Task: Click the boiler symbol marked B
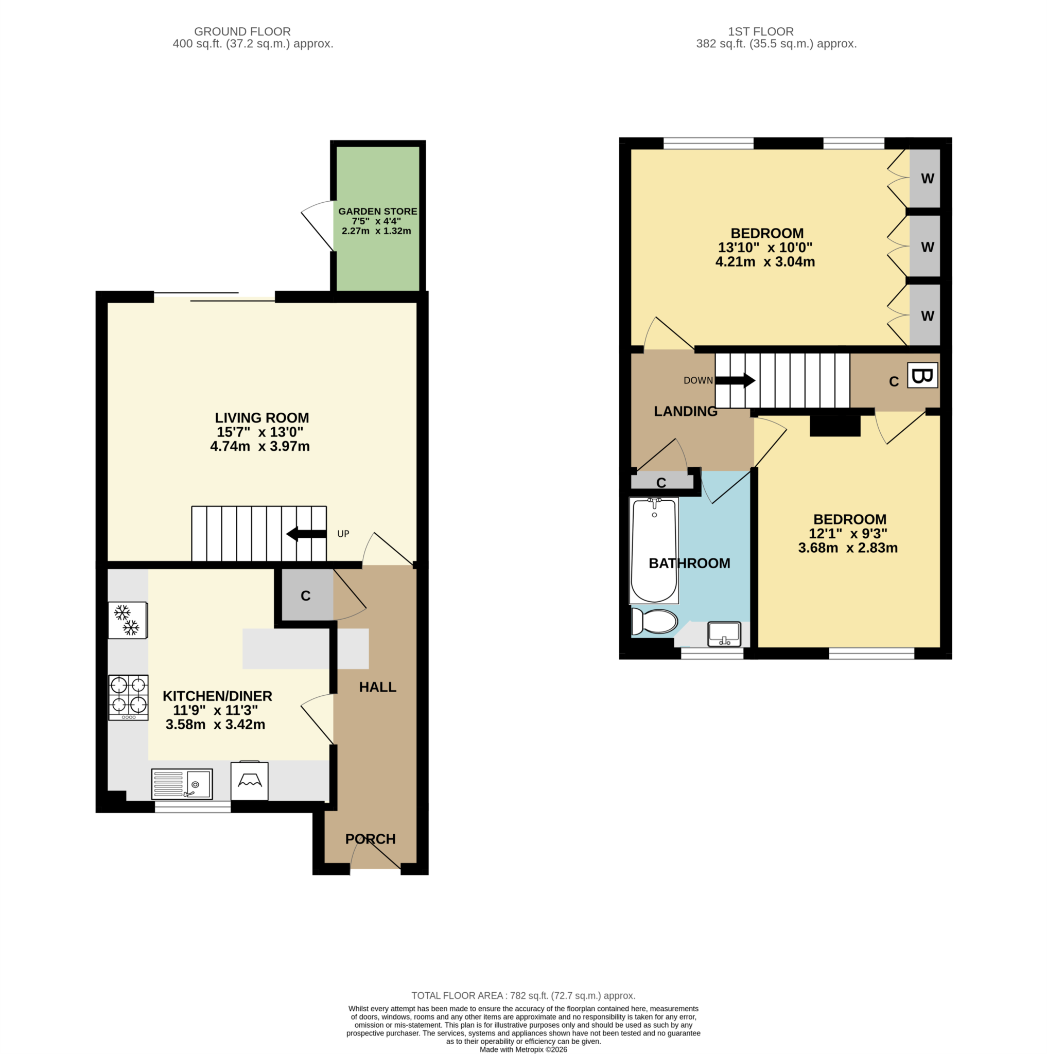922,376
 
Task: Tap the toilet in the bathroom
654,621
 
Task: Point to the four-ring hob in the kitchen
128,697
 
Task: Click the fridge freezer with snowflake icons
127,620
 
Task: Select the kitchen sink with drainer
182,784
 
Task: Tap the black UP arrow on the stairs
306,534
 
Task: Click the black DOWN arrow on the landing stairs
735,380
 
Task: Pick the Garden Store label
377,211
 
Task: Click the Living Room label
261,418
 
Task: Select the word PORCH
370,839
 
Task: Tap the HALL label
377,687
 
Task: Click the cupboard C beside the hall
306,596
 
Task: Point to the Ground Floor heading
242,31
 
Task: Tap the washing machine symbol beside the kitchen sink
249,781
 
